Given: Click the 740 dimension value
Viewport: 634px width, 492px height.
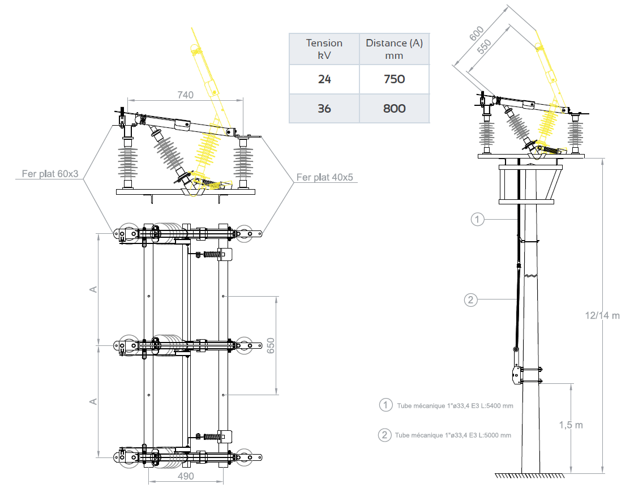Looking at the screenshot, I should pos(185,95).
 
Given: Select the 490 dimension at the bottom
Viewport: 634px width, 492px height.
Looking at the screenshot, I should pos(185,476).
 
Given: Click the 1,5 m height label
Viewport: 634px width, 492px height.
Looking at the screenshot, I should pos(571,425).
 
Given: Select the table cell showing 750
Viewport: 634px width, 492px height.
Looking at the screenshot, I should pos(394,79).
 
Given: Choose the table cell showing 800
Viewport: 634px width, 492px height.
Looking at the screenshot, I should pos(394,108).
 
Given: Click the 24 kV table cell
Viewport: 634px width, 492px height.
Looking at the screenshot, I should pos(324,79).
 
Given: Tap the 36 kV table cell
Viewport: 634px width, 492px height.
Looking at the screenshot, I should pos(324,108).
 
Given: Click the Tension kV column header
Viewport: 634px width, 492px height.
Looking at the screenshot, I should pos(324,49).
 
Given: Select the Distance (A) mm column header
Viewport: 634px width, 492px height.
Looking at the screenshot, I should pos(394,49).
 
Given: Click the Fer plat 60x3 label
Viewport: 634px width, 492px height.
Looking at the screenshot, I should pos(50,174).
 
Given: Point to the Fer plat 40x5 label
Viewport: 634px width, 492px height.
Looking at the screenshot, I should pos(325,178).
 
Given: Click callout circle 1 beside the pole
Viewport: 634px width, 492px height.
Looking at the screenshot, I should pos(478,219).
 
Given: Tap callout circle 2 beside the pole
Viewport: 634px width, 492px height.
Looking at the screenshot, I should pos(471,300).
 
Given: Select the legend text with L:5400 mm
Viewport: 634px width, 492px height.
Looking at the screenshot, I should pos(447,405).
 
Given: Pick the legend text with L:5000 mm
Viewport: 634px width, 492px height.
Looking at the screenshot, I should pos(447,435).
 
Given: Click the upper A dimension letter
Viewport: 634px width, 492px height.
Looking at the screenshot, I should pos(94,289).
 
